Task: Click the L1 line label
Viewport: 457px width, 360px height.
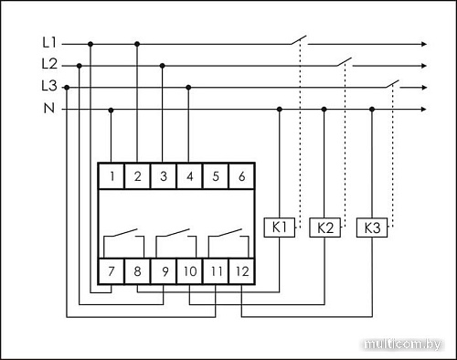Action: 49,43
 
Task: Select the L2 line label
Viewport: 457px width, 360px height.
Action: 49,65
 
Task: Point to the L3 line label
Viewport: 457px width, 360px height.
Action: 49,87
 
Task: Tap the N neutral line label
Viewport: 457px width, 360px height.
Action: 49,109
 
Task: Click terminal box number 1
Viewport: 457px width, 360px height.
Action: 112,175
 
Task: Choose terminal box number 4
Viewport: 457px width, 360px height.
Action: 188,175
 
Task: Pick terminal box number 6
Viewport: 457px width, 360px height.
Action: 240,175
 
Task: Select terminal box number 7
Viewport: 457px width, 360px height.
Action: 112,271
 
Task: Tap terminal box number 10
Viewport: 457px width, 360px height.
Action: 188,271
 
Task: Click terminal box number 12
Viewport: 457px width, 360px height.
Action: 240,271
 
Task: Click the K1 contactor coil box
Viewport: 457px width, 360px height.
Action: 280,226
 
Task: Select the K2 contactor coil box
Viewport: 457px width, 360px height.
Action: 324,226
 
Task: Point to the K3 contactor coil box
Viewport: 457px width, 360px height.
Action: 371,226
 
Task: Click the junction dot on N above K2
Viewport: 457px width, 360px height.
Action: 324,109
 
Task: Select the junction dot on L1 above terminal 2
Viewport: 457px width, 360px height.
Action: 137,43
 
